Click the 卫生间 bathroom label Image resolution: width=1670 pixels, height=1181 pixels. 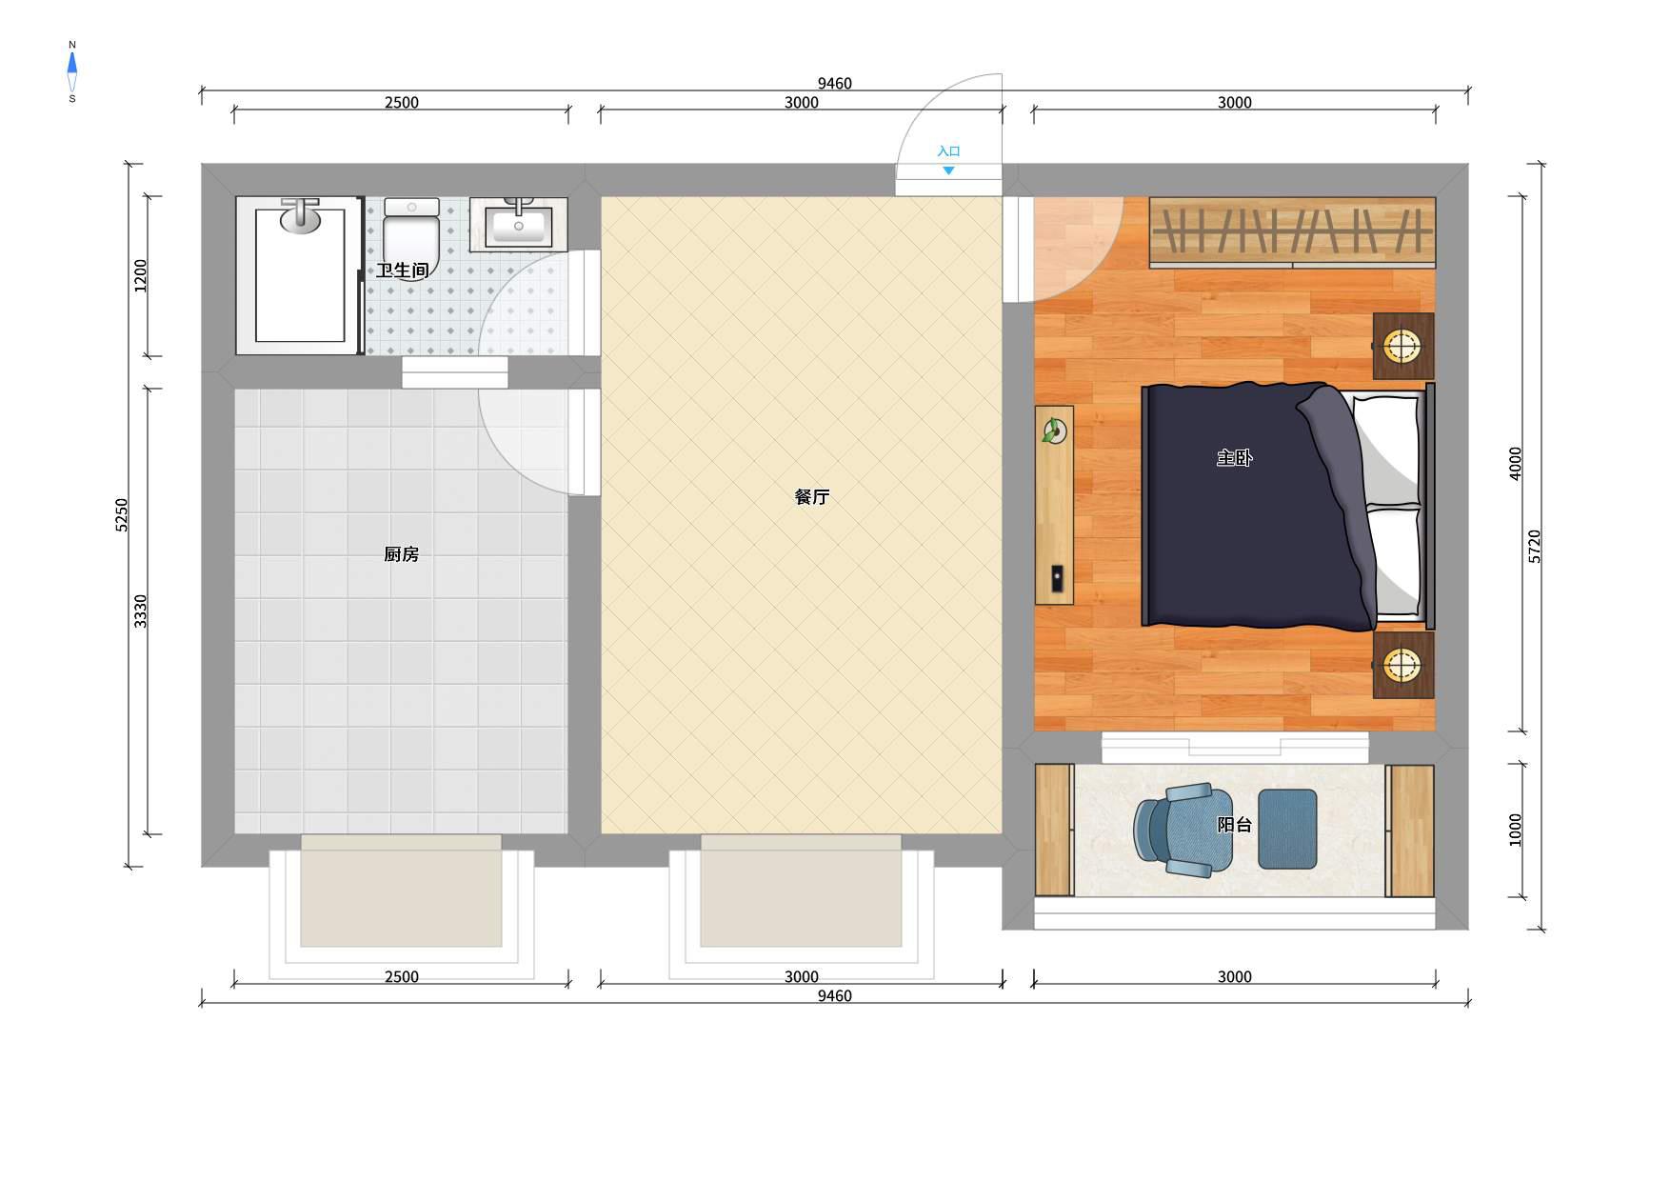(x=402, y=270)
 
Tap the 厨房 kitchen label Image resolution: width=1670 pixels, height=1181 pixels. (x=401, y=554)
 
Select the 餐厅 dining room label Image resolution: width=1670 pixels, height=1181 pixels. (x=812, y=497)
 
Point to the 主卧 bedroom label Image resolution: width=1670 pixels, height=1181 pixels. (x=1234, y=458)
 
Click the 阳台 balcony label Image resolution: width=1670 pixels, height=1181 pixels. (x=1234, y=825)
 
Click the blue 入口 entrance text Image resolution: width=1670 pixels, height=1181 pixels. (x=948, y=151)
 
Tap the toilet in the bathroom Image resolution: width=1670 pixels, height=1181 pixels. (x=411, y=238)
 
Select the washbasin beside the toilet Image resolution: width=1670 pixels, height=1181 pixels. (x=518, y=225)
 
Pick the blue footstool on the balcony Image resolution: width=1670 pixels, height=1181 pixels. (x=1287, y=829)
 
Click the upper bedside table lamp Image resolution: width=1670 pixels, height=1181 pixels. (x=1402, y=345)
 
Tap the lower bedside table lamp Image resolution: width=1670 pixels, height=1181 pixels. (x=1402, y=665)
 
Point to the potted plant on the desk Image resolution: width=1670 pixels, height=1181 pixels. (x=1053, y=432)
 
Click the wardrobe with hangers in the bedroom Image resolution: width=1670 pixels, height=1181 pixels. (x=1292, y=232)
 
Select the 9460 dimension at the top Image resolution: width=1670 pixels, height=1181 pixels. (x=834, y=84)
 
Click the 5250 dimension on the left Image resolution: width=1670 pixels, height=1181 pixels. (x=122, y=515)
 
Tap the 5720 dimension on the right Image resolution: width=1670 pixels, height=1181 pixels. (x=1535, y=547)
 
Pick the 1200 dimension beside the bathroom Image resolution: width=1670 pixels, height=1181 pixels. (x=141, y=275)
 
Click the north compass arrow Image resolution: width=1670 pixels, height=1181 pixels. (x=72, y=65)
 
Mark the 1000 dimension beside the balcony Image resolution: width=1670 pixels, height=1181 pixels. (x=1516, y=830)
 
